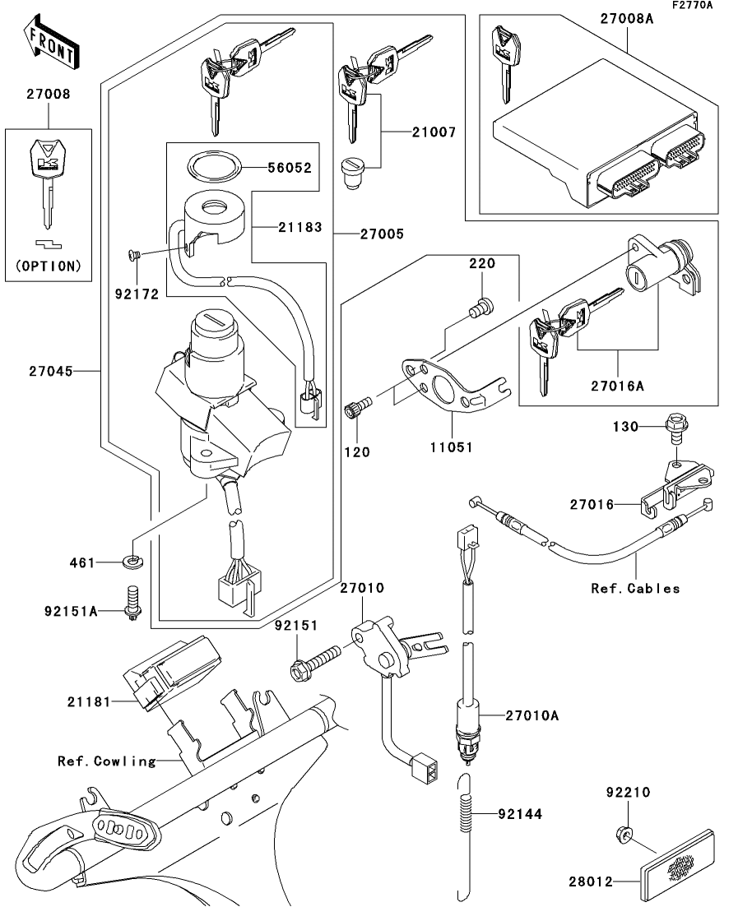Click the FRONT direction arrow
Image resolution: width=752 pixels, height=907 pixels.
coord(52,44)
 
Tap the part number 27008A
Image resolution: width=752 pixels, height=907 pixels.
coord(626,19)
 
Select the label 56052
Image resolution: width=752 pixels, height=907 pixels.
coord(290,168)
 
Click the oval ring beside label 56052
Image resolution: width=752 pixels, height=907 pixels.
coord(214,165)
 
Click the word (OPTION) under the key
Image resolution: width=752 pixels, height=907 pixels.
coord(49,266)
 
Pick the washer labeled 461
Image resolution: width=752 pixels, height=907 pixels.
coord(134,562)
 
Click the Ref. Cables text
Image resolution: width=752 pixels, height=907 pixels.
coord(635,588)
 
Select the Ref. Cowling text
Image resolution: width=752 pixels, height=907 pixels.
coord(106,761)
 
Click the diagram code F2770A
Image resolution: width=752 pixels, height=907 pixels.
coord(692,5)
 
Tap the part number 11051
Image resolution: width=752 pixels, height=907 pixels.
coord(451,447)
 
